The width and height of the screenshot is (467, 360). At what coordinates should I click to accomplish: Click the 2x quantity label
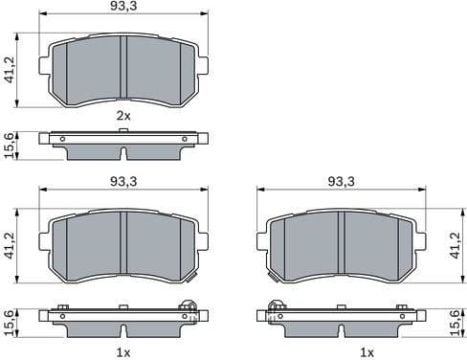[122, 115]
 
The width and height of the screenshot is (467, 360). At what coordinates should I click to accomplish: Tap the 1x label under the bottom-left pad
[122, 351]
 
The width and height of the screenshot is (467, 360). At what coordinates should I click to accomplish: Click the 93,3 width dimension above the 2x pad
[123, 8]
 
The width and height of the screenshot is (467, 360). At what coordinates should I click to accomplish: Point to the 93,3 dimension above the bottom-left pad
[123, 181]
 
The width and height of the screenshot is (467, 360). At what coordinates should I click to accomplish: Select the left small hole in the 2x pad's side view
[62, 139]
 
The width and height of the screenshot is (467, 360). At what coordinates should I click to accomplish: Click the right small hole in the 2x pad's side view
[184, 139]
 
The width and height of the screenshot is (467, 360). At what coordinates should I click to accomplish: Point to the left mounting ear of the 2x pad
[43, 64]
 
